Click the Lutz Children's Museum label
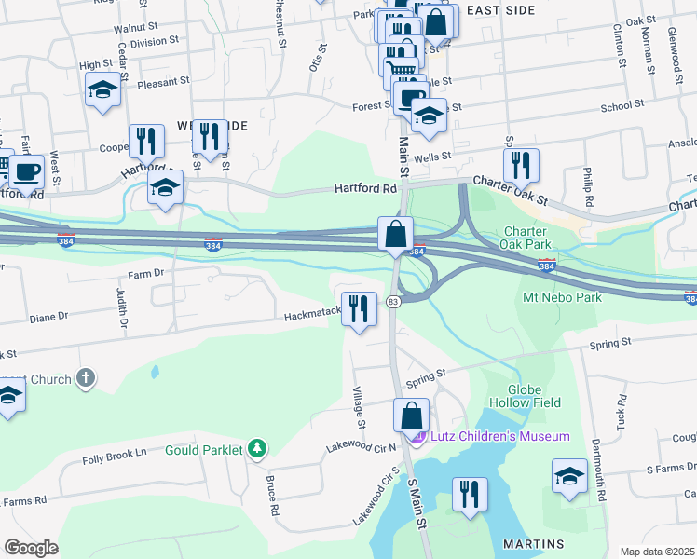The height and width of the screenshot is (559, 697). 499,436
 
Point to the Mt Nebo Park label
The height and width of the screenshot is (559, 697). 562,297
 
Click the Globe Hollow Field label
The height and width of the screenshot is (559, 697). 534,396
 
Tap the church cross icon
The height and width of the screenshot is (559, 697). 85,378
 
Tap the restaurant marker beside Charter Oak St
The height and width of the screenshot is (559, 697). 521,165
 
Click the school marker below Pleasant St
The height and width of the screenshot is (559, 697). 103,90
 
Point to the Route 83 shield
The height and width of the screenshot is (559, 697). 394,302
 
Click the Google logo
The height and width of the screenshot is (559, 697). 31,548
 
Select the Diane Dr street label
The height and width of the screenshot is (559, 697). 48,317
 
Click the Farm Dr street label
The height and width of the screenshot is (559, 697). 145,274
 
